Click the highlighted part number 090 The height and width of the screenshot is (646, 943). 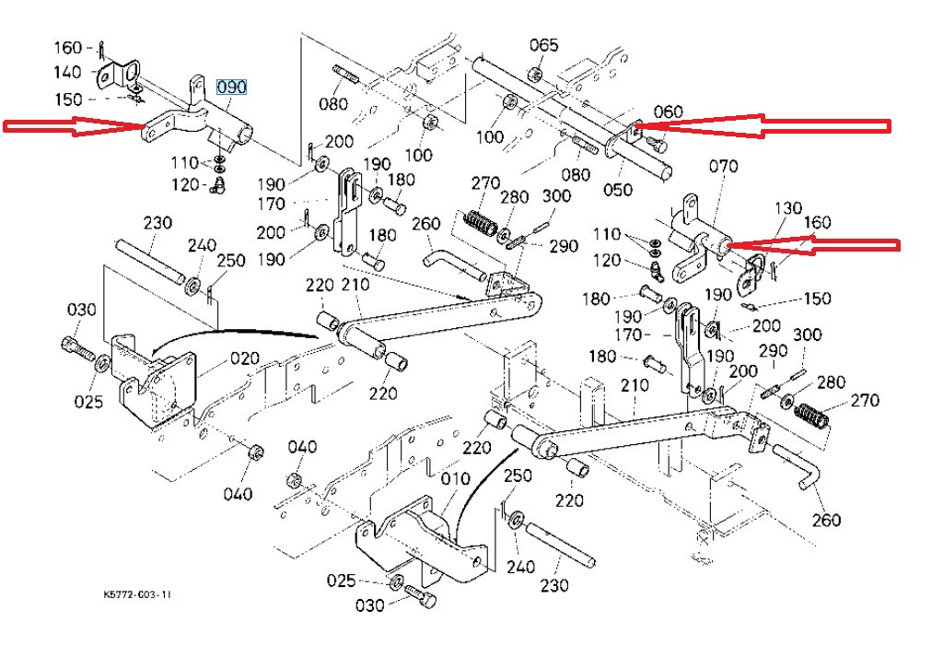231,88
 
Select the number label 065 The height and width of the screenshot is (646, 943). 543,45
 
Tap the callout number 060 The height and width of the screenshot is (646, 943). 669,112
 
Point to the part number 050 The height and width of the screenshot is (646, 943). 618,189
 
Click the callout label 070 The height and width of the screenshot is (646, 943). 723,166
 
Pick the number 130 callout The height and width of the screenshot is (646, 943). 788,208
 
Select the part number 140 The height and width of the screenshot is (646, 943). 67,72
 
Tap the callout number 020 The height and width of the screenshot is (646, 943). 245,358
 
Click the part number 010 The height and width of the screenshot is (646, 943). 455,479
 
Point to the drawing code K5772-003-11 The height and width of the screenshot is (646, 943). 137,594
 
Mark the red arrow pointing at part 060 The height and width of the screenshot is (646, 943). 762,126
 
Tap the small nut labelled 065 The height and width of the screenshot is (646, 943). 535,75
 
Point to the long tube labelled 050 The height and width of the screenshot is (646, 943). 571,117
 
